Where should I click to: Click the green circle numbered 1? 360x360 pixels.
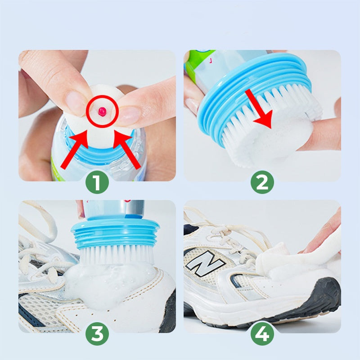pyautogui.click(x=98, y=184)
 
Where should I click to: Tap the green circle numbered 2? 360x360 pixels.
pyautogui.click(x=262, y=184)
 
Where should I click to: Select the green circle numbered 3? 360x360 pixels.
pyautogui.click(x=98, y=334)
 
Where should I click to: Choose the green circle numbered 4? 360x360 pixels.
pyautogui.click(x=262, y=334)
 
